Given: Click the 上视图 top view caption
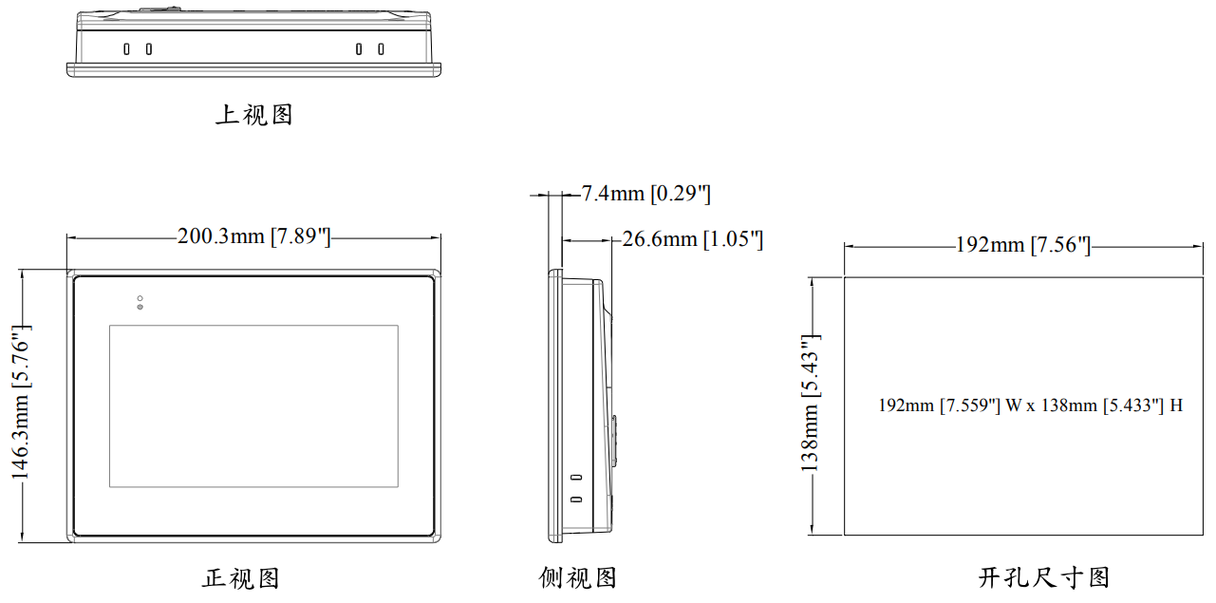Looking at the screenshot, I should tap(254, 116).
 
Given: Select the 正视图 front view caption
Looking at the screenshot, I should tap(241, 578).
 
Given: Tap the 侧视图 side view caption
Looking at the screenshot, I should tap(578, 578).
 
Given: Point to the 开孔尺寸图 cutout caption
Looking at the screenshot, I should tap(1044, 577).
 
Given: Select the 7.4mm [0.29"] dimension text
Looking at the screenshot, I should tap(645, 195).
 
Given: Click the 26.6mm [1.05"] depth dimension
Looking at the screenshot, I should tap(693, 239).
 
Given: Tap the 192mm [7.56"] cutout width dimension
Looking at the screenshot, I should tap(1022, 246).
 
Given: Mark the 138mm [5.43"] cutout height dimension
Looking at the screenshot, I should tap(809, 404).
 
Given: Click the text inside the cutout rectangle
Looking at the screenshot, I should tap(1030, 405).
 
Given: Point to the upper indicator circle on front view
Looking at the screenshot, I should tap(140, 298).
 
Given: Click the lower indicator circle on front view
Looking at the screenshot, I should tap(140, 307).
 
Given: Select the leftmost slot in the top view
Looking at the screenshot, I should tap(126, 48).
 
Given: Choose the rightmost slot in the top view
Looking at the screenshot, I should tap(381, 48).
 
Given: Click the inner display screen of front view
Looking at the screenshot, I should tap(253, 406).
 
